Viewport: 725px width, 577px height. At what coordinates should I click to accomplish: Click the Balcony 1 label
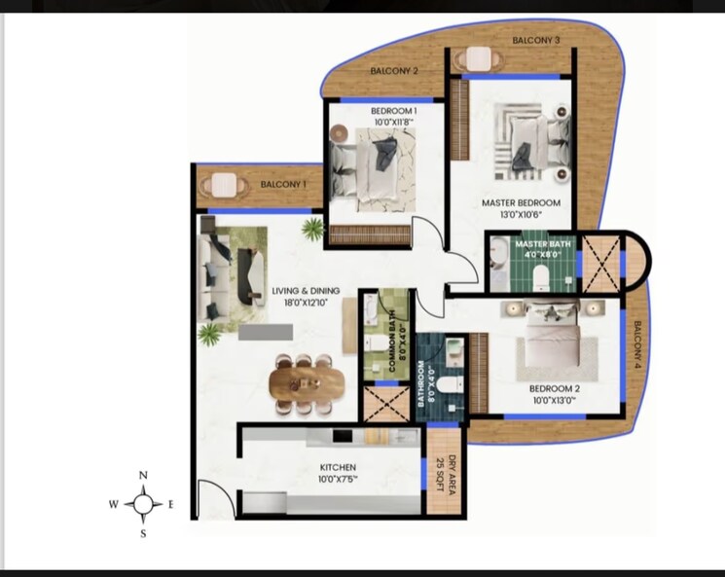pyautogui.click(x=283, y=184)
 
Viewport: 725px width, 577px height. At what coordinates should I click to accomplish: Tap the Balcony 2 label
pyautogui.click(x=394, y=71)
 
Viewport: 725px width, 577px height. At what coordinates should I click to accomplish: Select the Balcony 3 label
pyautogui.click(x=535, y=40)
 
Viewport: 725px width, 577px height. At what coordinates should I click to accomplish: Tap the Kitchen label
pyautogui.click(x=337, y=467)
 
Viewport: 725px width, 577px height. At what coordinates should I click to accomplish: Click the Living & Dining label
pyautogui.click(x=307, y=290)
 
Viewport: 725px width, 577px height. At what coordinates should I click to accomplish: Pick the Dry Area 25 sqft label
pyautogui.click(x=446, y=474)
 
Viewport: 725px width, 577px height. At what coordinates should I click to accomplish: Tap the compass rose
pyautogui.click(x=143, y=504)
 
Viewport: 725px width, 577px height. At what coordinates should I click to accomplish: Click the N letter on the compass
pyautogui.click(x=143, y=475)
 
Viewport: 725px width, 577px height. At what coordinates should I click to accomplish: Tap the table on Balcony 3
pyautogui.click(x=479, y=59)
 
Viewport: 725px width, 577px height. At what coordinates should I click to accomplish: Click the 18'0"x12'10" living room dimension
pyautogui.click(x=307, y=303)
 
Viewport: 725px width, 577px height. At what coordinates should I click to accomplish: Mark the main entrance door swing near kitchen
pyautogui.click(x=215, y=499)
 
